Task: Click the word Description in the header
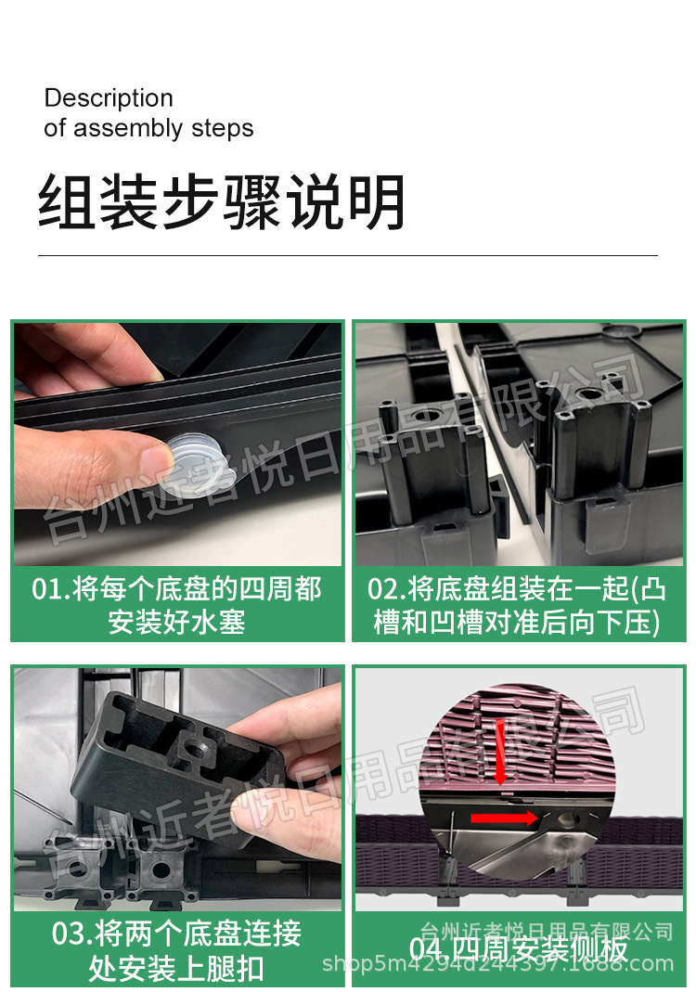pos(109,98)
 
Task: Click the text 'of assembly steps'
pos(148,128)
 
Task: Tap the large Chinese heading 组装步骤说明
pos(222,202)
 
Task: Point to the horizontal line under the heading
pos(347,255)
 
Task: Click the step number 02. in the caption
pos(385,589)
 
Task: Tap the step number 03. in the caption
pos(71,933)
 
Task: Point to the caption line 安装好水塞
pos(176,621)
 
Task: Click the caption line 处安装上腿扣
pos(176,969)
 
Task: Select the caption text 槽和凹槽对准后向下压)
pos(517,621)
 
